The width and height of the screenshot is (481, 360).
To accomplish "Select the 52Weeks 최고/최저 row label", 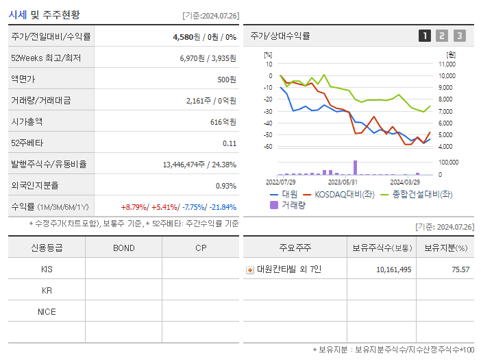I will pyautogui.click(x=45, y=58).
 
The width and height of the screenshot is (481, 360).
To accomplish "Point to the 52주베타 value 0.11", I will pyautogui.click(x=230, y=143).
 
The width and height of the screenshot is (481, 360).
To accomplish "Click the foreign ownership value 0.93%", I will pyautogui.click(x=225, y=186).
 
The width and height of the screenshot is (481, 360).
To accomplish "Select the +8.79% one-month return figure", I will pyautogui.click(x=134, y=207).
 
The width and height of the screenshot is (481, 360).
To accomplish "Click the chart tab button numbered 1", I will pyautogui.click(x=425, y=36).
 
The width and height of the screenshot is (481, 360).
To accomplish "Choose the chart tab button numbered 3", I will pyautogui.click(x=459, y=36).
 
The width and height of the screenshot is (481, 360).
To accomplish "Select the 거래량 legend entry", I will pyautogui.click(x=288, y=204).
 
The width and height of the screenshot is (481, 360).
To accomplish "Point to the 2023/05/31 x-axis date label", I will pyautogui.click(x=343, y=182).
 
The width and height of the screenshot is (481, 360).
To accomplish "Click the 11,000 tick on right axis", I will pyautogui.click(x=446, y=64).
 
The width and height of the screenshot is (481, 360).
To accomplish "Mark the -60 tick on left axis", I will pyautogui.click(x=269, y=147).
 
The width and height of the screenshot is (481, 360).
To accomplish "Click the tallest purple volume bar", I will pyautogui.click(x=355, y=167).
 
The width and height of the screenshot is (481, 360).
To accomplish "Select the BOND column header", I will pyautogui.click(x=123, y=248).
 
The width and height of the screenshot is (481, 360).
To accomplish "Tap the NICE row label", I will pyautogui.click(x=47, y=312).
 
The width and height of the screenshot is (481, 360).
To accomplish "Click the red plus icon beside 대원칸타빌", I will pyautogui.click(x=250, y=270).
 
